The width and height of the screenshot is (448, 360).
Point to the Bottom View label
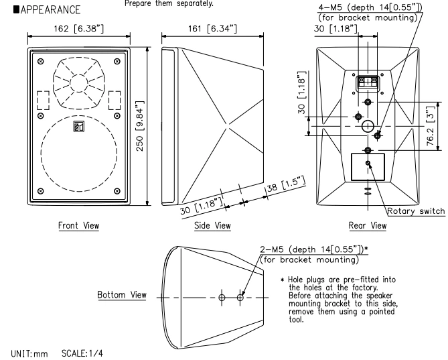point(122,295)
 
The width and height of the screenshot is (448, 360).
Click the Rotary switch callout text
point(417,212)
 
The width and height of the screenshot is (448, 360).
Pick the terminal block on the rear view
point(368,83)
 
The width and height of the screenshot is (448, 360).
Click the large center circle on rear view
point(368,126)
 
